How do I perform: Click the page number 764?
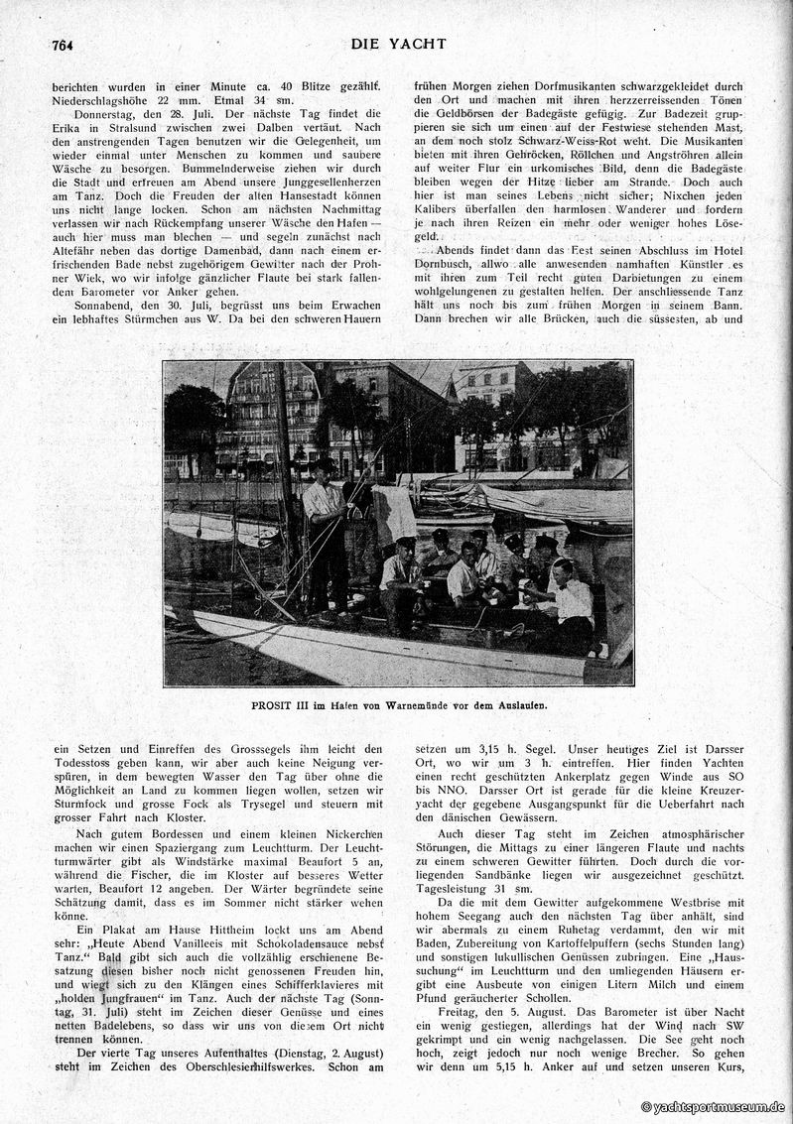click(65, 46)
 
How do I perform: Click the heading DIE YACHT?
click(398, 44)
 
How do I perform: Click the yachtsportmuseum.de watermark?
click(713, 1107)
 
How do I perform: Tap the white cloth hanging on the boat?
click(395, 514)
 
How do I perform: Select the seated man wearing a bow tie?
click(569, 595)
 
